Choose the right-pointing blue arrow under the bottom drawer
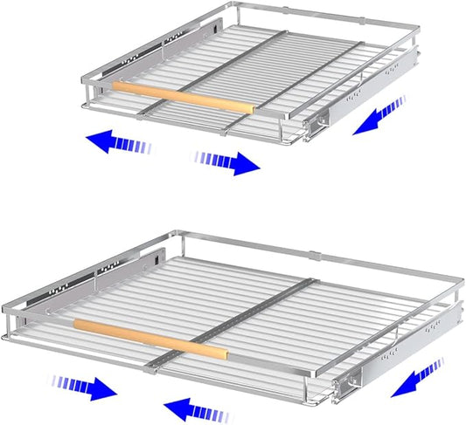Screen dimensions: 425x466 point(85,387)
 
